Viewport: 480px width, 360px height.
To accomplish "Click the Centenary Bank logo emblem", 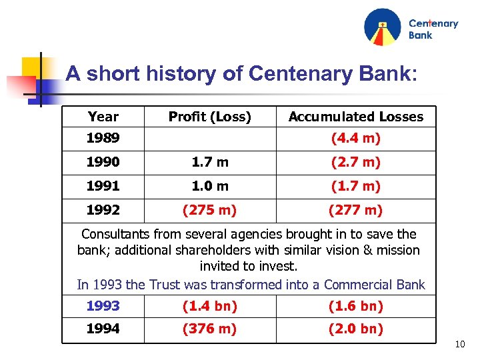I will (x=382, y=27).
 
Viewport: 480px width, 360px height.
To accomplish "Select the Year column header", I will (x=103, y=117).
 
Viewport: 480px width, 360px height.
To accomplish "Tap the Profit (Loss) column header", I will (x=209, y=117).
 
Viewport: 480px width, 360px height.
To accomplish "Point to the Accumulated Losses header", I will (x=355, y=117).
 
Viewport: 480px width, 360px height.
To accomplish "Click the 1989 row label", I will (x=103, y=138).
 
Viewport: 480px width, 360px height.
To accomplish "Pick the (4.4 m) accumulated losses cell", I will (x=355, y=138).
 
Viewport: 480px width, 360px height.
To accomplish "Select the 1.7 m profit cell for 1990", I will (x=209, y=162).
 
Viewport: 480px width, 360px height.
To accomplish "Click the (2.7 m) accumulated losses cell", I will (x=355, y=162).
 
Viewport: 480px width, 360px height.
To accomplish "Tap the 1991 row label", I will (x=103, y=186).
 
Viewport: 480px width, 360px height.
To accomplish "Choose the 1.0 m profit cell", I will (x=209, y=186).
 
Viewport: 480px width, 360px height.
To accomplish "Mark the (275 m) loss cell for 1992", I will (x=209, y=210).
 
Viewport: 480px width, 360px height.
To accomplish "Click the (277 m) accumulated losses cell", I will (x=355, y=210).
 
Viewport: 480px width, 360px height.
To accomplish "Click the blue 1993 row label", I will (x=103, y=306).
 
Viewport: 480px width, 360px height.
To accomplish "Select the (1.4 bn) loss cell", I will (x=209, y=306).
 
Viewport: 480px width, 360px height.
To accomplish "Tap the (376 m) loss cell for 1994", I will (x=209, y=329).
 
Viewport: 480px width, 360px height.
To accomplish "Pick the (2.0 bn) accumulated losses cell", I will (x=355, y=329).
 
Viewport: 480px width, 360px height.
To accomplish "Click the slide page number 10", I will (x=459, y=345).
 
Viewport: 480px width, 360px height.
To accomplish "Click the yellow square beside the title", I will (x=31, y=67).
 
